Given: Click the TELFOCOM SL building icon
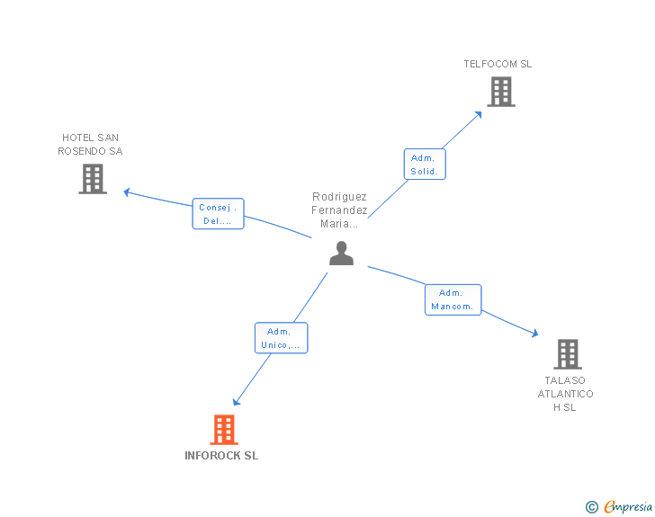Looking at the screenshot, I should pyautogui.click(x=501, y=92).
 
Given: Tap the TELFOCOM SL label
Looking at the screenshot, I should pyautogui.click(x=498, y=64).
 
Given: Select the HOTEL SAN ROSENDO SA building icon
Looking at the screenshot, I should pyautogui.click(x=93, y=179).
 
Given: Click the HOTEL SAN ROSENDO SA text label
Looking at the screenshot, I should pyautogui.click(x=90, y=145).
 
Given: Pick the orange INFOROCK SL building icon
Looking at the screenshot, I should pyautogui.click(x=224, y=430).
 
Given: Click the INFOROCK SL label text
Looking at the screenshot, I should pyautogui.click(x=221, y=456).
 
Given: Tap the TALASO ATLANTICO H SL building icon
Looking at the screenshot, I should pyautogui.click(x=567, y=354).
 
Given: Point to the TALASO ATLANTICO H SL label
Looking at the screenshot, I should pyautogui.click(x=566, y=394).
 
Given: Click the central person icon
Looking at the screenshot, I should pyautogui.click(x=341, y=254).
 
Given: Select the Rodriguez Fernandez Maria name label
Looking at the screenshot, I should pyautogui.click(x=340, y=210).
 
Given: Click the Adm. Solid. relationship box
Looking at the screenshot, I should pyautogui.click(x=424, y=164).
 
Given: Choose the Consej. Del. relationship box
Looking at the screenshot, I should pyautogui.click(x=218, y=214).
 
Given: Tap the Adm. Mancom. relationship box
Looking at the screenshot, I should pyautogui.click(x=453, y=299).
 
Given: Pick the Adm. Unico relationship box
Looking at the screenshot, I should pyautogui.click(x=281, y=338).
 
